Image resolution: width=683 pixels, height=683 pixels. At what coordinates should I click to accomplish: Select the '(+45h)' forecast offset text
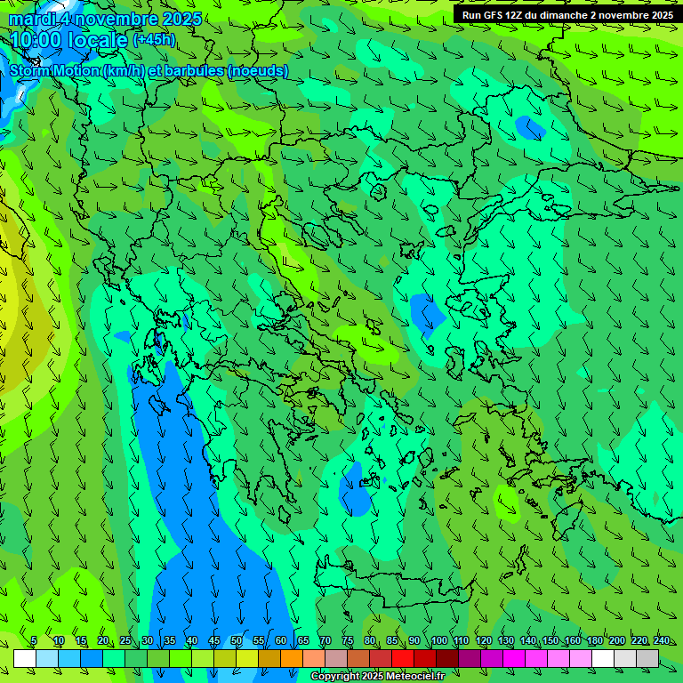pos(155,40)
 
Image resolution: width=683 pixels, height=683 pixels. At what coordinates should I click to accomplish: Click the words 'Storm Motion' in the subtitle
pos(53,70)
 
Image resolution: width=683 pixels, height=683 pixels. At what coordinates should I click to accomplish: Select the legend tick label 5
pos(34,641)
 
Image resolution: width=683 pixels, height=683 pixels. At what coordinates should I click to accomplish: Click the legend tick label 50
pos(237,641)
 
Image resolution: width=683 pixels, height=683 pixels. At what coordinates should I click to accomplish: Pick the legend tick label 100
pos(438,641)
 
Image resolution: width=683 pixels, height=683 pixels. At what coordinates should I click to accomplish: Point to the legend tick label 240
pos(662,641)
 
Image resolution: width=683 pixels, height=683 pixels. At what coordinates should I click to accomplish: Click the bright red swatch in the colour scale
pos(403,658)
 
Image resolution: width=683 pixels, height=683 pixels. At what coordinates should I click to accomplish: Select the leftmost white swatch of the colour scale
pos(25,658)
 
